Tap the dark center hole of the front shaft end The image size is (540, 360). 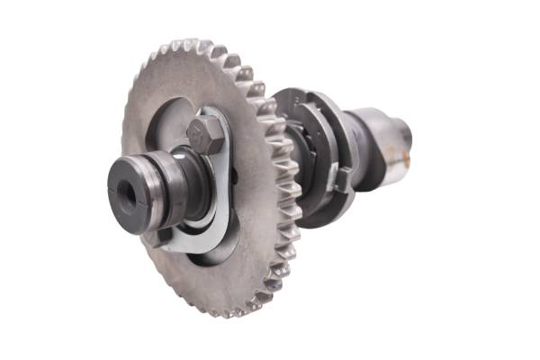[124, 191]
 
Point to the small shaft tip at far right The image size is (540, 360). [406, 135]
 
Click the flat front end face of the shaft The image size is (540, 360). [125, 192]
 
